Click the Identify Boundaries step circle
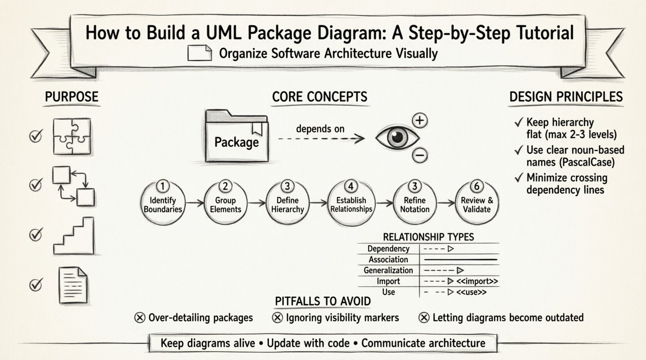[x=162, y=203]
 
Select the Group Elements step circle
[x=225, y=203]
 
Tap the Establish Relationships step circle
[x=351, y=203]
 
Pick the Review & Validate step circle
[x=477, y=203]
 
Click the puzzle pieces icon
[x=72, y=137]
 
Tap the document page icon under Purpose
[x=73, y=285]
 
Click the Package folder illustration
[x=236, y=137]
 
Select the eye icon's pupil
[x=397, y=137]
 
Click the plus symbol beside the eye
[x=419, y=120]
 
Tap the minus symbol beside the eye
[x=419, y=155]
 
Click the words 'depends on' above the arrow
[x=320, y=129]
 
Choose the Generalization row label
[x=388, y=270]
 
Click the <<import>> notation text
[x=477, y=281]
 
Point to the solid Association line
[x=460, y=259]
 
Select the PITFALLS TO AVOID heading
[x=323, y=301]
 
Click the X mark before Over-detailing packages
[x=140, y=318]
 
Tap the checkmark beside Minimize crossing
[x=519, y=178]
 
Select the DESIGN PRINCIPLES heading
[x=566, y=97]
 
